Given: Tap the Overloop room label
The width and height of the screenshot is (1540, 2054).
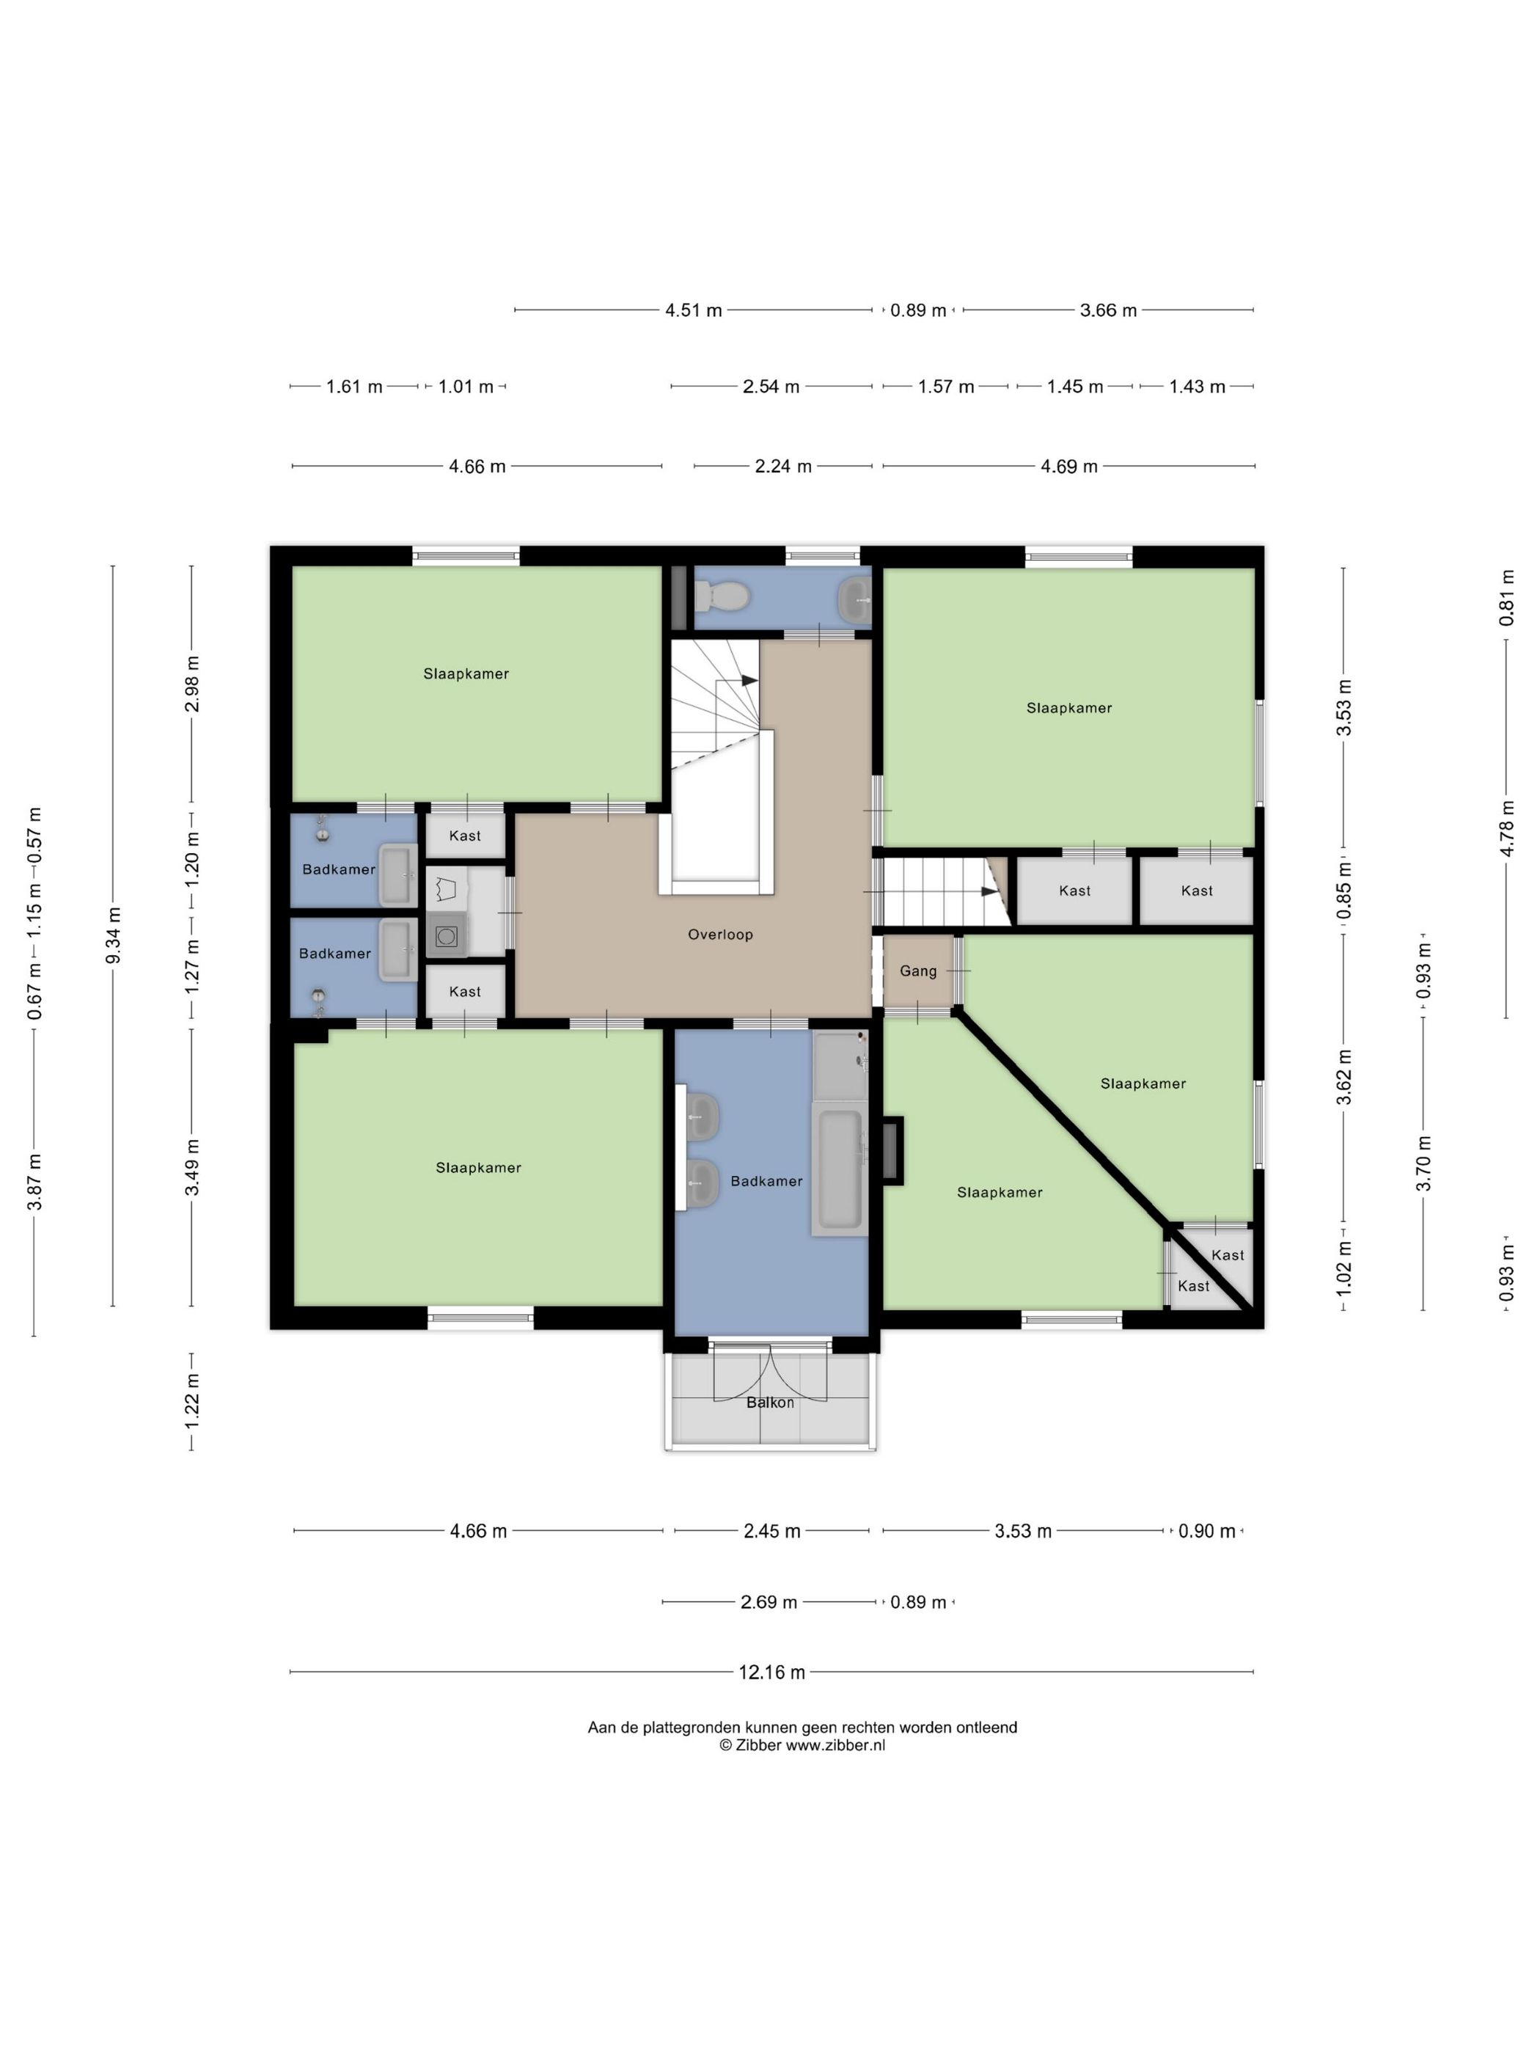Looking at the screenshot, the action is pos(720,934).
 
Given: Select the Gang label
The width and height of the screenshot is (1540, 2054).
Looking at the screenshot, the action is pos(918,971).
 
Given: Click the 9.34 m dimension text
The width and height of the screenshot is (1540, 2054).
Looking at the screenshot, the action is pos(113,935).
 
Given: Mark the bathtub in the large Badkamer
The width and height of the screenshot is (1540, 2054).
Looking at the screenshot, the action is pos(839,1168).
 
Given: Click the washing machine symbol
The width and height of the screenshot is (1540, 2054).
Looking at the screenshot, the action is pos(447,934).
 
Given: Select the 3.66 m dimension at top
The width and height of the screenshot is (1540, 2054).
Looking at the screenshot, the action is pos(1108,310).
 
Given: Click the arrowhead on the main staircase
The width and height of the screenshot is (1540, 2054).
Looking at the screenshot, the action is pos(750,681).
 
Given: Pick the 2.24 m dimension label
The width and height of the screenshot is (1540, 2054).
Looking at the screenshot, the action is pos(783,466).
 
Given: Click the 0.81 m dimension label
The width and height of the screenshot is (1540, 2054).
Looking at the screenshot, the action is pos(1506,598).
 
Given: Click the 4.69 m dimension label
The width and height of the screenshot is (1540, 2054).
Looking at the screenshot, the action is pos(1069,466).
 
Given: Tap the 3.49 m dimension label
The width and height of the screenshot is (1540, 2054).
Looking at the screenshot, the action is pos(192,1167).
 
